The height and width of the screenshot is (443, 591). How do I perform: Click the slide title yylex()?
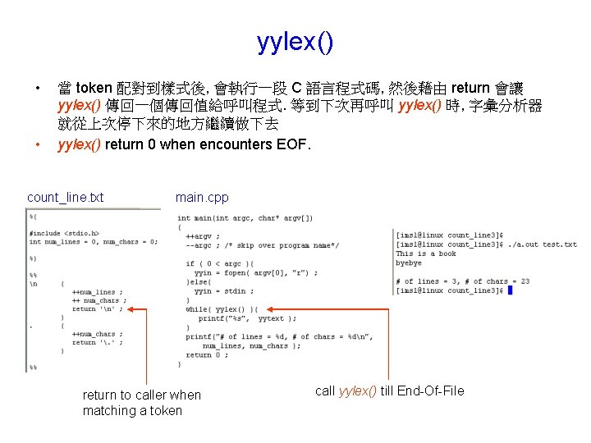click(x=295, y=41)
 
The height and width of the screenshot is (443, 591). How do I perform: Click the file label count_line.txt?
click(x=66, y=198)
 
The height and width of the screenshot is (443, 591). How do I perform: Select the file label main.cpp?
click(x=202, y=198)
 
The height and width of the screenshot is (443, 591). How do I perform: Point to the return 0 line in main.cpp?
click(x=205, y=355)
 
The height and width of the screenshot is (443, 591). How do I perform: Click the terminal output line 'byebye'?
click(x=409, y=263)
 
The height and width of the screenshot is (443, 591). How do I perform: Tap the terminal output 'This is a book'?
click(x=426, y=254)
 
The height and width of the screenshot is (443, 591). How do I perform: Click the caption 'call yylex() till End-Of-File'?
click(x=389, y=390)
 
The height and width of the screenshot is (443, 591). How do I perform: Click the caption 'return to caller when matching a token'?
click(x=141, y=402)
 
